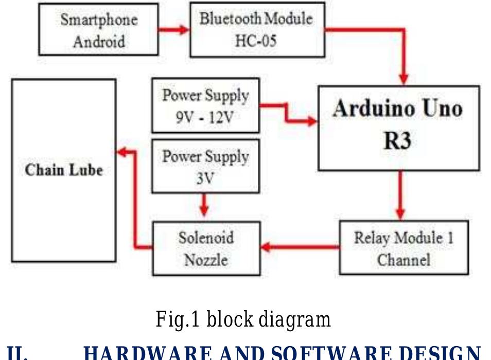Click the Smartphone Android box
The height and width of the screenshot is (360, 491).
point(98,29)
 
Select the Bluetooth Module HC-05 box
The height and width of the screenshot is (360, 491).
point(257,29)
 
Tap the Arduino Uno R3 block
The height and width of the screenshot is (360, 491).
point(398,128)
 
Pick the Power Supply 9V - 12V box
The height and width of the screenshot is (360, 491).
point(205,105)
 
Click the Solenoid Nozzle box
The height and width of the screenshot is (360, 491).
point(206,248)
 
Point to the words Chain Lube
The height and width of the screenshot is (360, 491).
point(64,170)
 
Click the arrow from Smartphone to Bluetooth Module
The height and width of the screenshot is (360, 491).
point(174,29)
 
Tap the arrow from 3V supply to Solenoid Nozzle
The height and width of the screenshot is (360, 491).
point(204,205)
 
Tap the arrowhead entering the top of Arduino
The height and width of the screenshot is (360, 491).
point(404,78)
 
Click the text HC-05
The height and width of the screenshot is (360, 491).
point(256,40)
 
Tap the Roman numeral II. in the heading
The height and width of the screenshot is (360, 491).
point(17,353)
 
